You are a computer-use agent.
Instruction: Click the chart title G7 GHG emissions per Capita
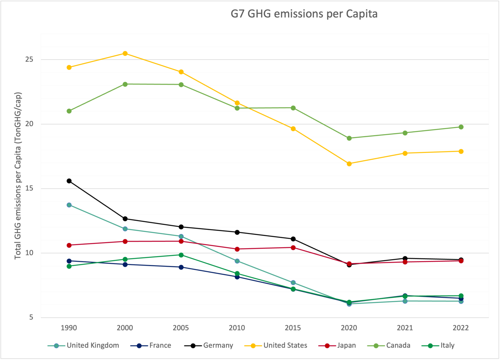point(304,14)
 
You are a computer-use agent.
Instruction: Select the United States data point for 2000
point(125,53)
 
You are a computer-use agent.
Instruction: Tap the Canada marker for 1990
point(69,111)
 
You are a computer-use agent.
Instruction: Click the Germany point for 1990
point(69,181)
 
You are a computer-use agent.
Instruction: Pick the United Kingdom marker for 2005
point(181,236)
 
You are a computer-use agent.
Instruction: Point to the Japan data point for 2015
point(293,248)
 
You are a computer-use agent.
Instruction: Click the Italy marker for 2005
point(181,255)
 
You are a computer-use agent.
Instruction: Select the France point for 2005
point(181,267)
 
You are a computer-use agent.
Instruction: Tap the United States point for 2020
point(349,164)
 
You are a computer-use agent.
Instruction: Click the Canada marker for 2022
point(461,127)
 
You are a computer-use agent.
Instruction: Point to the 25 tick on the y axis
point(29,60)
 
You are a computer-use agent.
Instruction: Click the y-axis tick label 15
point(29,189)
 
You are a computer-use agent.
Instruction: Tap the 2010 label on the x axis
point(237,328)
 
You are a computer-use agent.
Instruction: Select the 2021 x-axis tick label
point(405,328)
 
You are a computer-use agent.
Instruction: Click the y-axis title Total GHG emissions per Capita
point(18,176)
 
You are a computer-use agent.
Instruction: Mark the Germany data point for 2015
point(293,239)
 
